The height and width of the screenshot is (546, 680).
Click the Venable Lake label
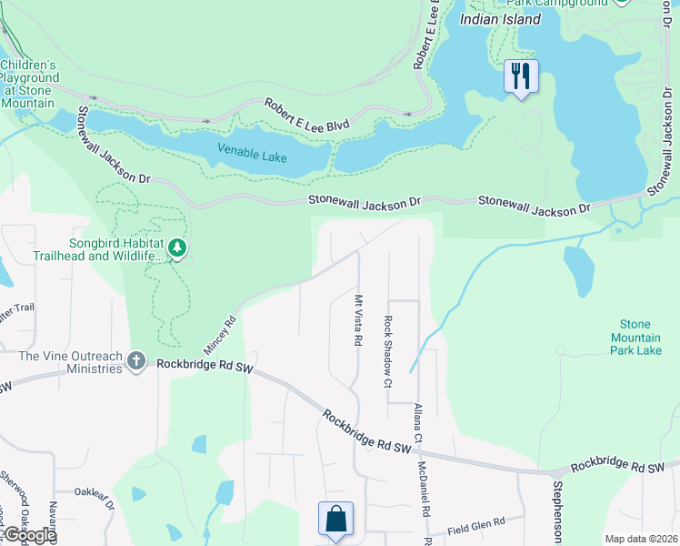click(252, 152)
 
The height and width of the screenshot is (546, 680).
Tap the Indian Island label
click(500, 19)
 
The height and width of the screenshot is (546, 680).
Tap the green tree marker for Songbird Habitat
click(178, 248)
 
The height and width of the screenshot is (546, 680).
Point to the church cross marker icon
click(136, 362)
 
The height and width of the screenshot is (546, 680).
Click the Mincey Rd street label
click(219, 334)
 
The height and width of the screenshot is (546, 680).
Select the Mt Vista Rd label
click(358, 320)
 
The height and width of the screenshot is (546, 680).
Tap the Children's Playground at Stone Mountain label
click(30, 84)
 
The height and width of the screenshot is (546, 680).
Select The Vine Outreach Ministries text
click(70, 362)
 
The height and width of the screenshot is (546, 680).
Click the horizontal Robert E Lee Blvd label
click(306, 115)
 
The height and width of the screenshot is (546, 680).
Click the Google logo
click(29, 535)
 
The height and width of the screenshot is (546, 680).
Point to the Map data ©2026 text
click(640, 539)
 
